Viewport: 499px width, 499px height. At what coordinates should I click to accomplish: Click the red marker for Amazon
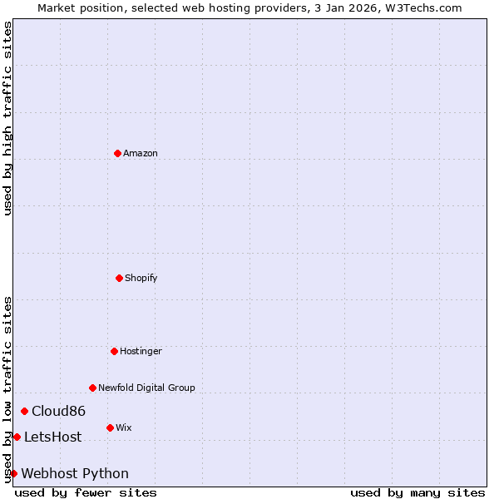pos(117,153)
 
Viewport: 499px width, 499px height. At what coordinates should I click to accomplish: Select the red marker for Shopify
pos(119,278)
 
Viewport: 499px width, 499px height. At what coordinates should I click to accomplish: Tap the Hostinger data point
pos(114,351)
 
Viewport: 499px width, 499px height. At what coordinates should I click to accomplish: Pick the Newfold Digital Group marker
pos(92,388)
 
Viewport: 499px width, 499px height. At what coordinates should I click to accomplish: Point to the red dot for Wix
pos(110,427)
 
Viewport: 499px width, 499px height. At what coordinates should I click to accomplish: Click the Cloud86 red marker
pos(25,411)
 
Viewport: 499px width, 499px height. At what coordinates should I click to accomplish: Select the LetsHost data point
pos(17,437)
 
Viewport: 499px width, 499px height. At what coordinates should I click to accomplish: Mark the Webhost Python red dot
pos(13,473)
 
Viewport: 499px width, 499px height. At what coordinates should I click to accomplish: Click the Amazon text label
pos(141,153)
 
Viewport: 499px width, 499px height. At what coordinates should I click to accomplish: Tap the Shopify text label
pos(141,278)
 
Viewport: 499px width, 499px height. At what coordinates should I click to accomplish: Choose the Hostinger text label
pos(141,351)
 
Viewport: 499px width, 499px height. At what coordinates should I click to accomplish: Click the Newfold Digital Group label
pos(146,388)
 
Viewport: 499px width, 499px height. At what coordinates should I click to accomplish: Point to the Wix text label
pos(124,427)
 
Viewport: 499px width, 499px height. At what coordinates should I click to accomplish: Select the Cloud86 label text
pos(58,411)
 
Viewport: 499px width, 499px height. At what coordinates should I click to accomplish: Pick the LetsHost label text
pos(52,437)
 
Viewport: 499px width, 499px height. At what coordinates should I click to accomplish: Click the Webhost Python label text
pos(75,473)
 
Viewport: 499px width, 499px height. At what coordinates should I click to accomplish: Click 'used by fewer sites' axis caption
pos(86,492)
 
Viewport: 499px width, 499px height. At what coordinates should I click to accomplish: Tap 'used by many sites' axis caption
pos(417,492)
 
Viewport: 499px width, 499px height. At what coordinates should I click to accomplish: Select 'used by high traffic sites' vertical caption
pos(7,119)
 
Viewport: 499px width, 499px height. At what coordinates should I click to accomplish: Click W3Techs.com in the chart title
pos(423,7)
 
